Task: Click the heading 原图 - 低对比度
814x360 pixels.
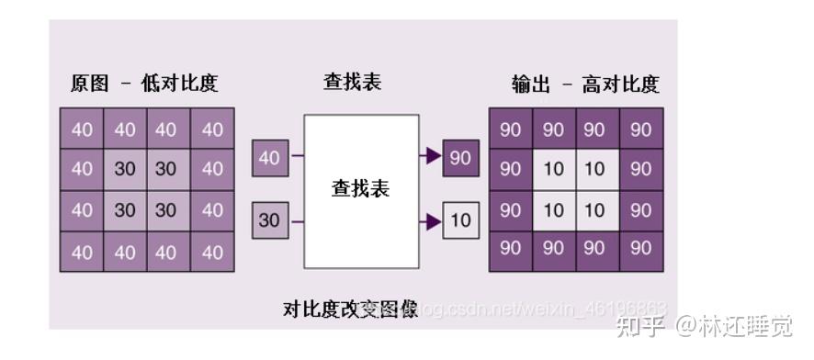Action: coord(144,84)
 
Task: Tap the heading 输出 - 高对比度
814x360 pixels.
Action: coord(585,84)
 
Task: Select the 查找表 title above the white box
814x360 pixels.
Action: coord(352,82)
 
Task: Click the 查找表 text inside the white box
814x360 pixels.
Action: coord(361,189)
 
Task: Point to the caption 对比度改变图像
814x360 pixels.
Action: coord(350,309)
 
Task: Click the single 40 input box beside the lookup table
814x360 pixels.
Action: coord(269,158)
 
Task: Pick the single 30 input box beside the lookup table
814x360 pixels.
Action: coord(269,220)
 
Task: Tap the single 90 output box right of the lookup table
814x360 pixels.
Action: coord(460,157)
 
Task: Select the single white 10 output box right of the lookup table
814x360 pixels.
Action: coord(460,220)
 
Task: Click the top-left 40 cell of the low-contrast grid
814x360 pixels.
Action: coord(82,129)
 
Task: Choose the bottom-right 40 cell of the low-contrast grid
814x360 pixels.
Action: coord(212,252)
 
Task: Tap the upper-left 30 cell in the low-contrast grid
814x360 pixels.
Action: coord(125,170)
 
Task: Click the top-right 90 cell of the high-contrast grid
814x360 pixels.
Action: coord(641,129)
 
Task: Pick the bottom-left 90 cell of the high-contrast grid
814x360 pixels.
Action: coord(511,248)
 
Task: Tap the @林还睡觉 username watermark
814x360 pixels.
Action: coord(736,324)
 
